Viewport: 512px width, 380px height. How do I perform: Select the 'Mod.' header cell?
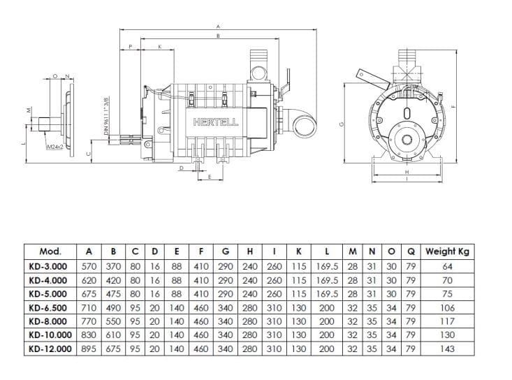pyautogui.click(x=51, y=251)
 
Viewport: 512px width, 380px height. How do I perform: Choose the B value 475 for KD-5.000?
pyautogui.click(x=112, y=293)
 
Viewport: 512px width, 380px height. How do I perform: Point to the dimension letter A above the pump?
pyautogui.click(x=219, y=27)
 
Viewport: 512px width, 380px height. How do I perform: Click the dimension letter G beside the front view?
pyautogui.click(x=342, y=124)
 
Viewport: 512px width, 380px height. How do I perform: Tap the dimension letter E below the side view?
pyautogui.click(x=210, y=177)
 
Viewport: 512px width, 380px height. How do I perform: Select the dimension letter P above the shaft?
pyautogui.click(x=131, y=47)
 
